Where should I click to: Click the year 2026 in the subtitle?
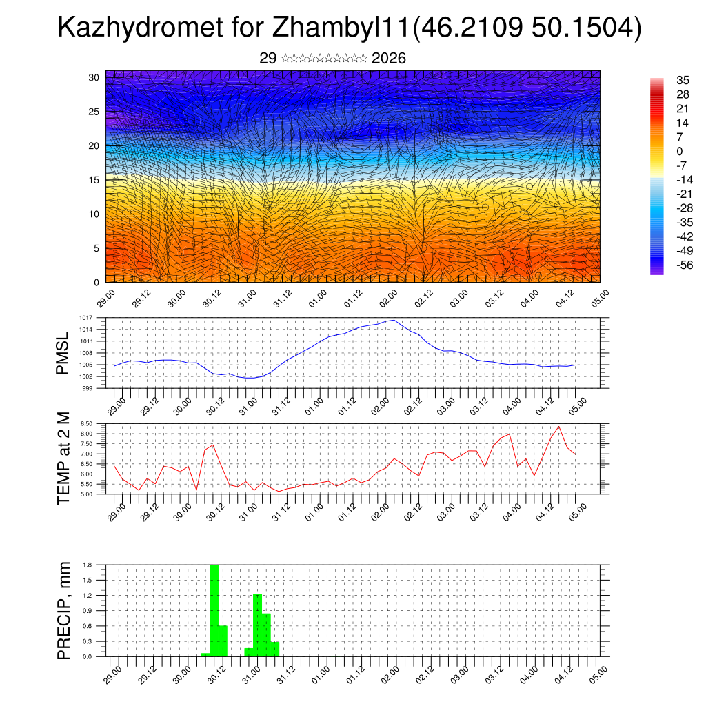click(x=388, y=59)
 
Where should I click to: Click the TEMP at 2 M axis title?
click(x=63, y=458)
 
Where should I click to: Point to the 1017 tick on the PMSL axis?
click(x=85, y=318)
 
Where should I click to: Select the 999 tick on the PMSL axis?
click(x=87, y=388)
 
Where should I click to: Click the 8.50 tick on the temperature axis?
click(x=85, y=423)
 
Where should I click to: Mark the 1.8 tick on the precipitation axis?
click(x=88, y=565)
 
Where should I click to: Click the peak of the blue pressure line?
click(x=393, y=320)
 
